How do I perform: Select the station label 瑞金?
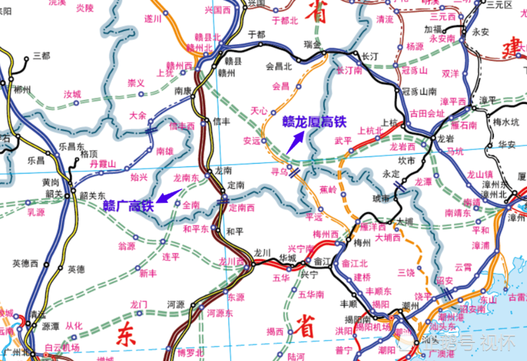click(x=314, y=45)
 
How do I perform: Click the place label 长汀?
click(x=370, y=56)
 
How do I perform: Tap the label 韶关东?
click(x=92, y=196)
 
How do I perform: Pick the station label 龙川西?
click(x=232, y=261)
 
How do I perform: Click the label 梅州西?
click(x=326, y=234)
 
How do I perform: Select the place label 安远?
click(x=252, y=140)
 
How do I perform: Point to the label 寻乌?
click(x=279, y=173)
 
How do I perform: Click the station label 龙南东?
click(x=186, y=177)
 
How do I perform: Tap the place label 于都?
click(x=257, y=34)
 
